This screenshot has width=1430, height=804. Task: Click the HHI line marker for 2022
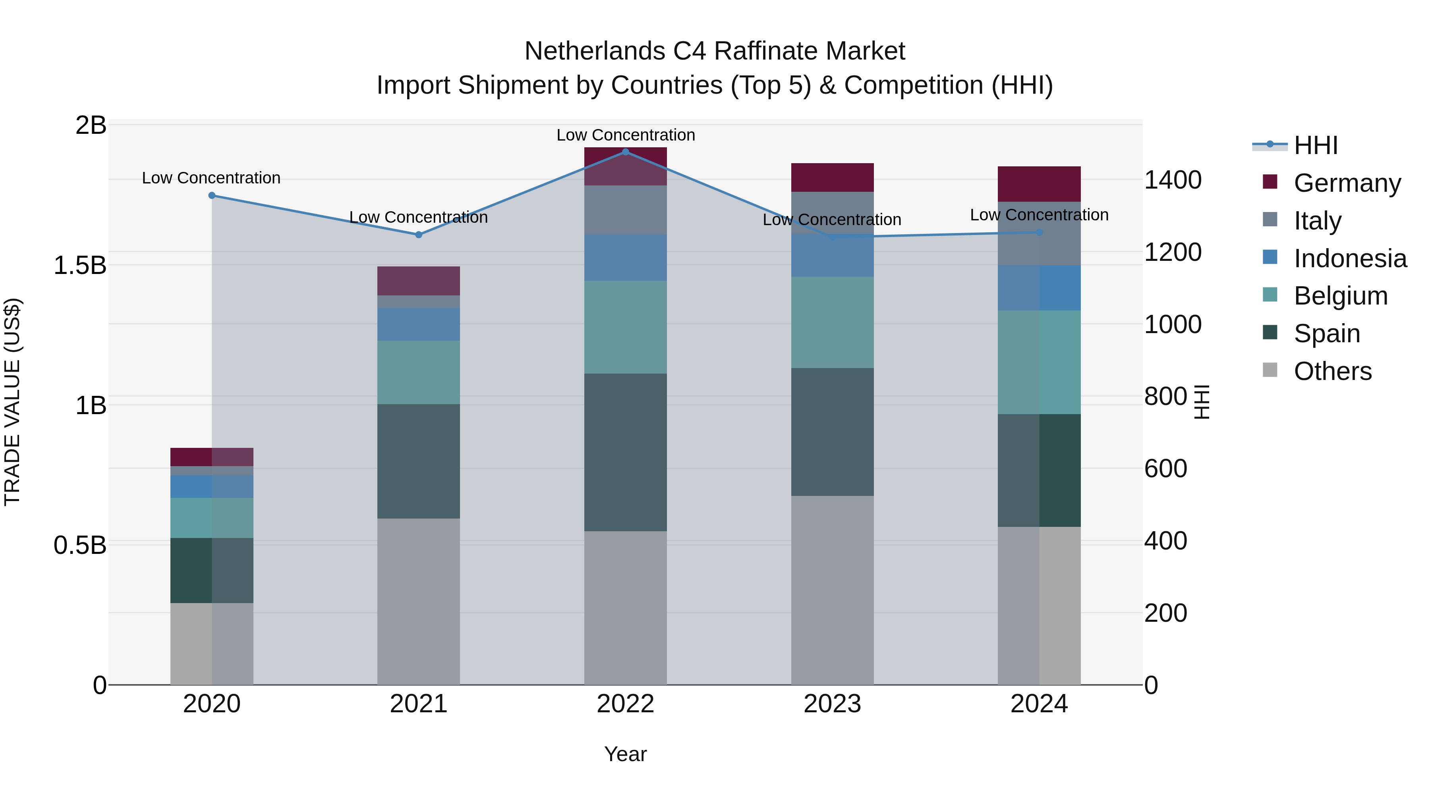tap(626, 152)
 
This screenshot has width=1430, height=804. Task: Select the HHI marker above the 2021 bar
tap(419, 235)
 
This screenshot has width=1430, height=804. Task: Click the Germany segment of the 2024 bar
tap(1039, 184)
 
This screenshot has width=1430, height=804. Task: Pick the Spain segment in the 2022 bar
tap(626, 452)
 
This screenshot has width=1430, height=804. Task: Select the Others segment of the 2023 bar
tap(832, 590)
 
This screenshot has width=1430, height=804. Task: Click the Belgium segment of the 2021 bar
tap(419, 372)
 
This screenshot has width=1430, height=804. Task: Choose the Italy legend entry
tap(1317, 220)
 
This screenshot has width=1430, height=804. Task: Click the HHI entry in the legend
tap(1316, 145)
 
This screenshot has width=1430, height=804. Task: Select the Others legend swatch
tap(1270, 370)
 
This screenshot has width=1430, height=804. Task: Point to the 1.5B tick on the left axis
tap(79, 265)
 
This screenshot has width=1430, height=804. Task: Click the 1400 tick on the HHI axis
tap(1173, 180)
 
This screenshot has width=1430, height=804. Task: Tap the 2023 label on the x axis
tap(832, 704)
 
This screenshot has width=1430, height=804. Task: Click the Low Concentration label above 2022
tap(626, 135)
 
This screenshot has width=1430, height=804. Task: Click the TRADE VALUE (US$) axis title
tap(13, 402)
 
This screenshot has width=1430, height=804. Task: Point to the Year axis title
tap(626, 754)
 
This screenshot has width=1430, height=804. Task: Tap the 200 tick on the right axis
tap(1166, 613)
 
